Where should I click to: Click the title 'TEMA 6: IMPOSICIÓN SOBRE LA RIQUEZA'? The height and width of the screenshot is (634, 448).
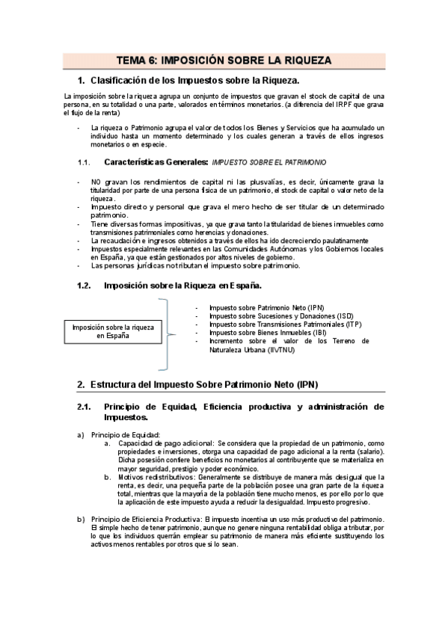tap(224, 61)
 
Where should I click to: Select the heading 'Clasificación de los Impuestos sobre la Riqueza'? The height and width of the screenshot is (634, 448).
tap(194, 80)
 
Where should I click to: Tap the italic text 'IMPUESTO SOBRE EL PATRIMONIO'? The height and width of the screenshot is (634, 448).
tap(269, 161)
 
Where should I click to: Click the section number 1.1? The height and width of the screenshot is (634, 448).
tap(84, 161)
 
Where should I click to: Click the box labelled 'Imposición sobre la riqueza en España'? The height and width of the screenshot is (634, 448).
tap(112, 331)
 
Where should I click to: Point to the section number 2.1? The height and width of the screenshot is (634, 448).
tap(84, 407)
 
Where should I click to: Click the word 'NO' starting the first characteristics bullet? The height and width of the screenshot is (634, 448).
tap(95, 182)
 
